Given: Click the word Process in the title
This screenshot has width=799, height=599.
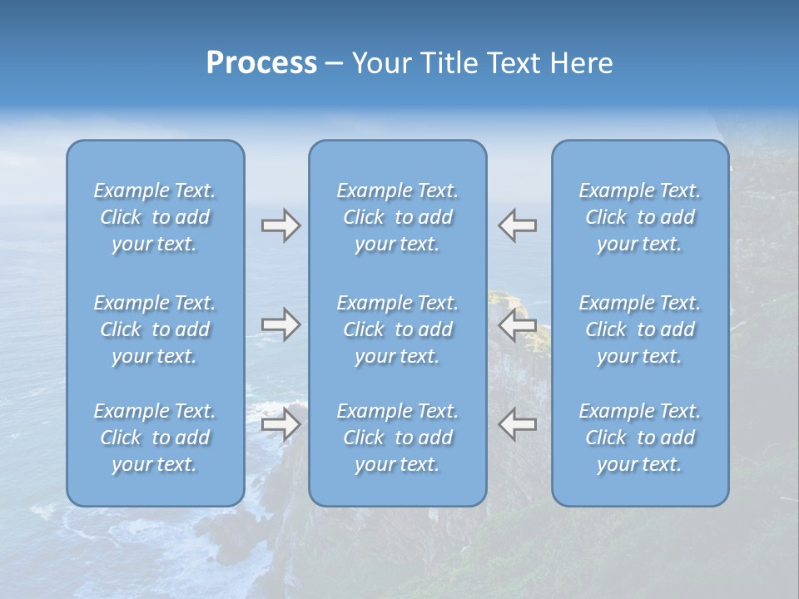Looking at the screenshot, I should pyautogui.click(x=261, y=63).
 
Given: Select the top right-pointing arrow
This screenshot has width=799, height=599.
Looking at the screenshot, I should pyautogui.click(x=280, y=225).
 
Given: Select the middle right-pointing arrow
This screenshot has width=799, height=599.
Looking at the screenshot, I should pyautogui.click(x=280, y=324).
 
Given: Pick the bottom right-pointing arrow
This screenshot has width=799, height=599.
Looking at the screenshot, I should pyautogui.click(x=280, y=424).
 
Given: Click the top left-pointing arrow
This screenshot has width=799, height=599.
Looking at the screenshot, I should pyautogui.click(x=518, y=225).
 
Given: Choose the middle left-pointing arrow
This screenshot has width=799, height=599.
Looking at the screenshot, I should pyautogui.click(x=518, y=324).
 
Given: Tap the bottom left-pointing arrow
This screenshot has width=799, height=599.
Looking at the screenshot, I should pyautogui.click(x=518, y=424).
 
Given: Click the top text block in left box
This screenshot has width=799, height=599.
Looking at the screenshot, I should pyautogui.click(x=155, y=217).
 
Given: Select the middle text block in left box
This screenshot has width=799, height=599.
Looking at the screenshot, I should pyautogui.click(x=155, y=329).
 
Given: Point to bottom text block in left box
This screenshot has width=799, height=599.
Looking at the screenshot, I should pyautogui.click(x=155, y=438).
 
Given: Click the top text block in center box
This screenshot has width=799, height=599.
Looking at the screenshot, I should pyautogui.click(x=397, y=217).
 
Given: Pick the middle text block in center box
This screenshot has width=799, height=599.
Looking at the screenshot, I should pyautogui.click(x=397, y=329).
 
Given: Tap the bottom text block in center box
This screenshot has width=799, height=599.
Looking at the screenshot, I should pyautogui.click(x=397, y=438).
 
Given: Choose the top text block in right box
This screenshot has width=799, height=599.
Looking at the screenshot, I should pyautogui.click(x=639, y=217).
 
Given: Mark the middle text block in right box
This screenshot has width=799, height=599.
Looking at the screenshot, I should pyautogui.click(x=639, y=329).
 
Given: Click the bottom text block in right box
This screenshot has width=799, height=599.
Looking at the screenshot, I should pyautogui.click(x=639, y=438).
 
